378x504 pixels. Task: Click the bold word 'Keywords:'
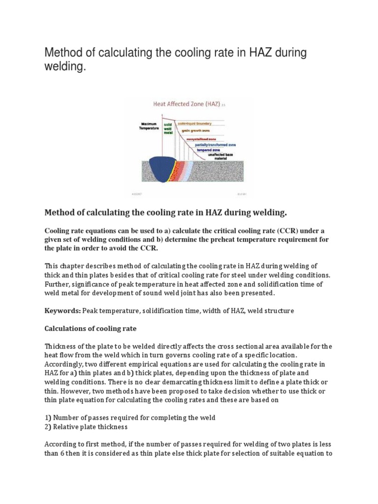point(63,311)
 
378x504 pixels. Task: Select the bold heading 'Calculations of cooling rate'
point(91,329)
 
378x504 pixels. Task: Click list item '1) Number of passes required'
point(130,417)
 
